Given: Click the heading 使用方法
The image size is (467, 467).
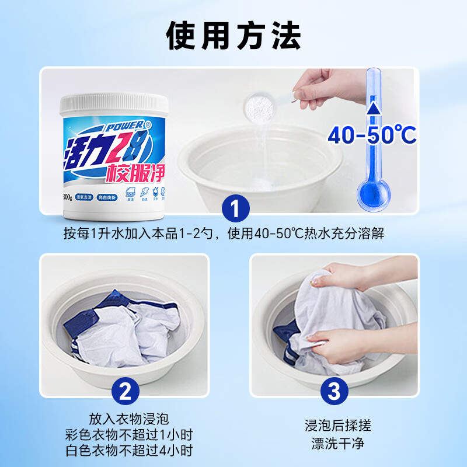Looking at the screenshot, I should click(x=233, y=36).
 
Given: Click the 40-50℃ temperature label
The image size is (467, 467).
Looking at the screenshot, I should click(x=371, y=135).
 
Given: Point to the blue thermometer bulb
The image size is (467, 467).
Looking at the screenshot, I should click(x=372, y=191).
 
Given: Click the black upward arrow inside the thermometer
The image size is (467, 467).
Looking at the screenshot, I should click(x=371, y=111).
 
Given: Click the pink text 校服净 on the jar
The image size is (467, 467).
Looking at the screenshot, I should click(x=135, y=170).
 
